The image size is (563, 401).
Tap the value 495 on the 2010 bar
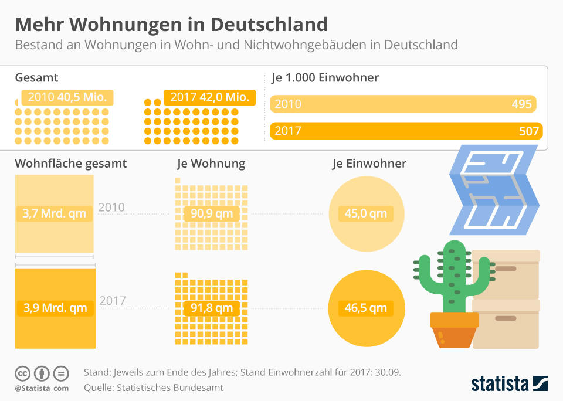pyautogui.click(x=521, y=104)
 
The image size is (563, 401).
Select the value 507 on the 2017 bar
pyautogui.click(x=528, y=131)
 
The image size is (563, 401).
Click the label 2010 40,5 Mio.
pyautogui.click(x=67, y=97)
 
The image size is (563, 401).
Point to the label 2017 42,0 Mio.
pyautogui.click(x=210, y=97)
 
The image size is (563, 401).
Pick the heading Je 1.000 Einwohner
pyautogui.click(x=325, y=77)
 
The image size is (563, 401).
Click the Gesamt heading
pyautogui.click(x=36, y=77)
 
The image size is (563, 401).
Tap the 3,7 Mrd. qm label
pyautogui.click(x=55, y=213)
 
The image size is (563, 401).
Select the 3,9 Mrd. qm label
pyautogui.click(x=55, y=307)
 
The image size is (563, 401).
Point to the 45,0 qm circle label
pyautogui.click(x=366, y=213)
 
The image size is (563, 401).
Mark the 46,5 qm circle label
pyautogui.click(x=366, y=307)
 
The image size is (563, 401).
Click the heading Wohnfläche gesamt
pyautogui.click(x=71, y=164)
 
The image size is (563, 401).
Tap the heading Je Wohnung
pyautogui.click(x=211, y=164)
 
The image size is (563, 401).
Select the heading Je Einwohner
pyautogui.click(x=369, y=164)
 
